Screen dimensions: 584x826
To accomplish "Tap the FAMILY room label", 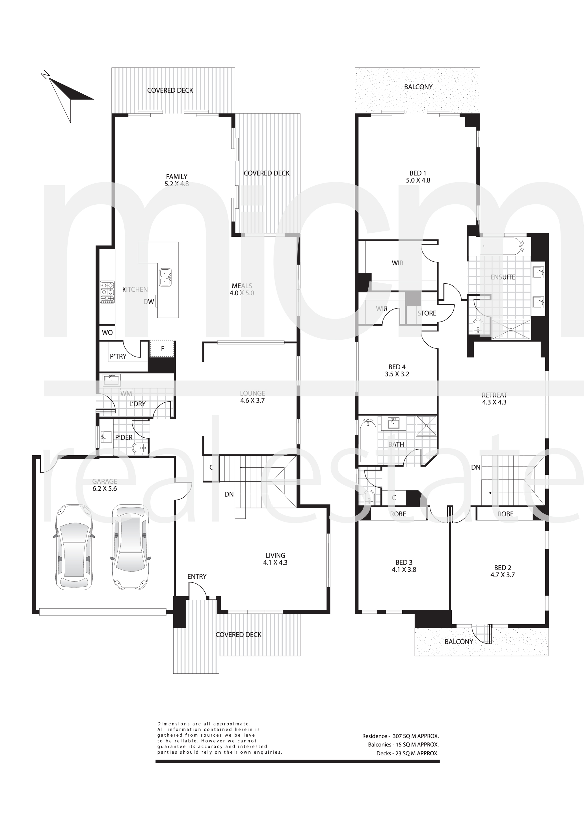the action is tap(176, 177).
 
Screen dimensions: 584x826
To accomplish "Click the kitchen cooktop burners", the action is tap(107, 292).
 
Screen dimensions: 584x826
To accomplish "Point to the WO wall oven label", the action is tap(107, 332).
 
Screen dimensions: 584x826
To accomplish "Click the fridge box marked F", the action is tap(162, 349).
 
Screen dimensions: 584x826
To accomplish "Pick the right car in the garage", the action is tap(130, 548).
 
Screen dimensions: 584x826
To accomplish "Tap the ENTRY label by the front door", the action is tap(197, 576).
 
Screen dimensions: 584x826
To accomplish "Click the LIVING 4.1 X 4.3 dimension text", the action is tap(275, 562).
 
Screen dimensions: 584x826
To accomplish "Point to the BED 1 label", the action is tap(418, 173).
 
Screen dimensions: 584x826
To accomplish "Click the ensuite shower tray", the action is tap(511, 329).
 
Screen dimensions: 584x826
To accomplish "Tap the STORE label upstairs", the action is tap(427, 313).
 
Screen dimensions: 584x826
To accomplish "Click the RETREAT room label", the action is tap(494, 395).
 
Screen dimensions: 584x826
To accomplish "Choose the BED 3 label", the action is tap(404, 562).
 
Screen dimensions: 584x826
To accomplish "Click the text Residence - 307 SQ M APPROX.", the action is tap(401, 736).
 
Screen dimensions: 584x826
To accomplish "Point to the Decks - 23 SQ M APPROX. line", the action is tap(408, 753).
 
